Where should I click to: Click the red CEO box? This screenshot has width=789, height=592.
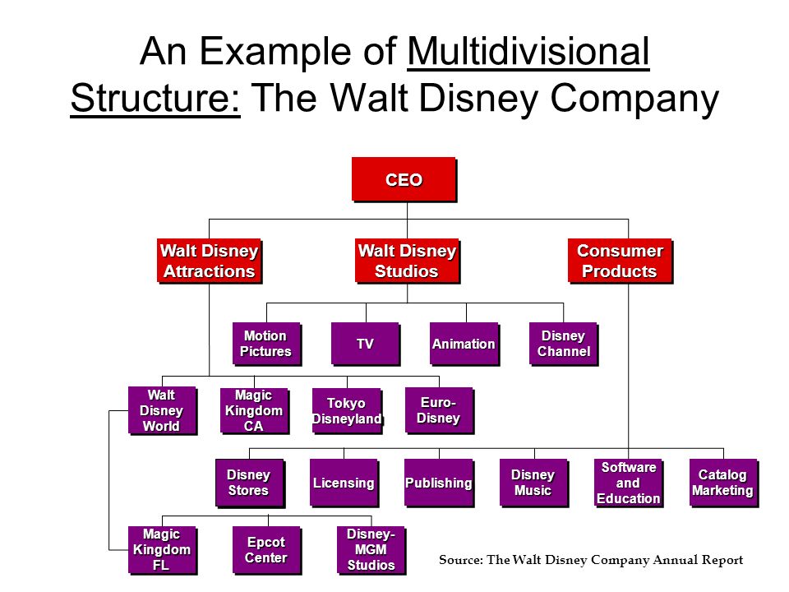(x=404, y=179)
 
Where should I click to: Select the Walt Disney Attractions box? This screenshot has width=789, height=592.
(x=210, y=261)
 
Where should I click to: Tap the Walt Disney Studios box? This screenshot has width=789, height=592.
(x=407, y=261)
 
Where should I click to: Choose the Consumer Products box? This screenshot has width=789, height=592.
(x=620, y=261)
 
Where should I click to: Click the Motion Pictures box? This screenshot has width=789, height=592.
(x=266, y=344)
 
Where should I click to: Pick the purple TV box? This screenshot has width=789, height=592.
(x=366, y=344)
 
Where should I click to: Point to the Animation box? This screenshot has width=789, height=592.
(x=464, y=344)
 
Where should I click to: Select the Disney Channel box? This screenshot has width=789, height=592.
(x=564, y=344)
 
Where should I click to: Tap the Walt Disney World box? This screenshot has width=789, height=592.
(x=162, y=410)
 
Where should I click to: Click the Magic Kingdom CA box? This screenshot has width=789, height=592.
(x=255, y=410)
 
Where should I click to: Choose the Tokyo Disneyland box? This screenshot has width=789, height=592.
(x=347, y=410)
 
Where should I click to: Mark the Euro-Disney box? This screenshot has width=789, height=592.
(x=439, y=410)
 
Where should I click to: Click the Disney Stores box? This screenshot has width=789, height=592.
(x=250, y=483)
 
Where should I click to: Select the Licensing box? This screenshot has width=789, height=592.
(x=344, y=483)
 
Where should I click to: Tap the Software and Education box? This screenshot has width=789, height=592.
(x=629, y=483)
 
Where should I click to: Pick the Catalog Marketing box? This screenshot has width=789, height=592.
(x=723, y=483)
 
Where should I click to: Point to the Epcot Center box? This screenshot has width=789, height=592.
(x=266, y=550)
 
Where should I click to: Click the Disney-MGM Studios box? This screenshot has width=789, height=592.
(x=371, y=550)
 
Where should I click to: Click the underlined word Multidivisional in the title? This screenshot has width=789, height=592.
(x=528, y=51)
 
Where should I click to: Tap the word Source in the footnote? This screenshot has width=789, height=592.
(x=460, y=560)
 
